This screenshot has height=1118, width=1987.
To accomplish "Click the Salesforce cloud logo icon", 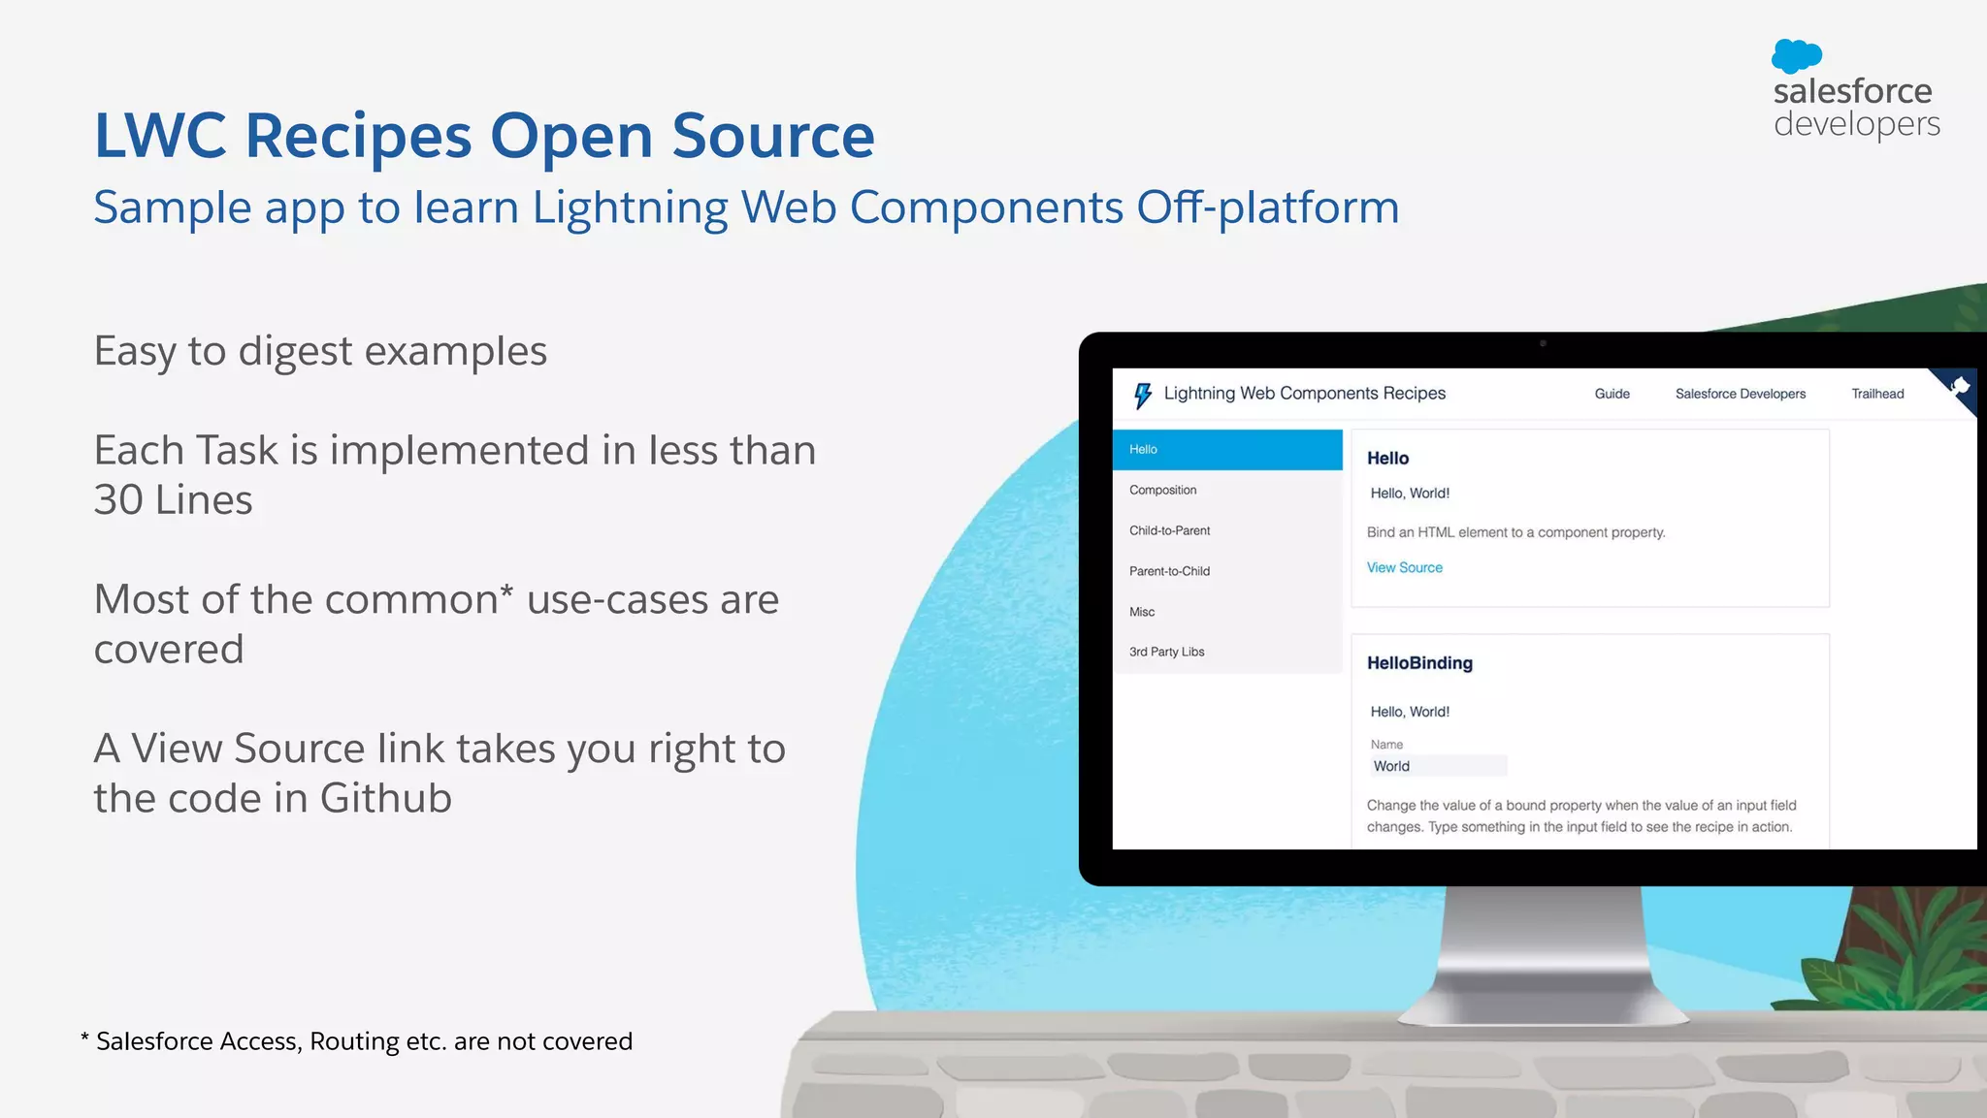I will [1796, 55].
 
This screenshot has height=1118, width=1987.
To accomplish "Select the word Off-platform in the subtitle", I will [1267, 208].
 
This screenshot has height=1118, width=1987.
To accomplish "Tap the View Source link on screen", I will [1404, 568].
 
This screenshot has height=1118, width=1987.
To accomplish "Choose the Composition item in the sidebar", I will [1162, 491].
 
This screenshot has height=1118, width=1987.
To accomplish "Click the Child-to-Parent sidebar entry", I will [1169, 531].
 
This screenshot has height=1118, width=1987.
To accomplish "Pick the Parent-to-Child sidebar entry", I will [1169, 572].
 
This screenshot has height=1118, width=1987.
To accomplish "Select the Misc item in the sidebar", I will [1142, 613].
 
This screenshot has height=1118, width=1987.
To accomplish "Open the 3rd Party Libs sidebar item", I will [1166, 653].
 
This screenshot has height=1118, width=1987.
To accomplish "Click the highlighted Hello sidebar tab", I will [1226, 450].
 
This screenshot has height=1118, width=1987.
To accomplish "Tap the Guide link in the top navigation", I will [1612, 394].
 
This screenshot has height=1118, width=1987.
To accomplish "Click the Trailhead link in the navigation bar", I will [1877, 394].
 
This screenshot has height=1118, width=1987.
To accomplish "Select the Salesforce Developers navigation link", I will [1740, 394].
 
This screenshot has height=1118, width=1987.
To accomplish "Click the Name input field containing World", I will [1438, 766].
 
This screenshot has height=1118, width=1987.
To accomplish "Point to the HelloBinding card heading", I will [1419, 663].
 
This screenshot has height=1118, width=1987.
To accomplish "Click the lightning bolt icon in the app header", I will [1143, 395].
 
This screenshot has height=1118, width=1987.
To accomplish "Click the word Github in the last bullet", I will [385, 799].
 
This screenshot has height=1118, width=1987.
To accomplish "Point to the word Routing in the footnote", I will [354, 1041].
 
